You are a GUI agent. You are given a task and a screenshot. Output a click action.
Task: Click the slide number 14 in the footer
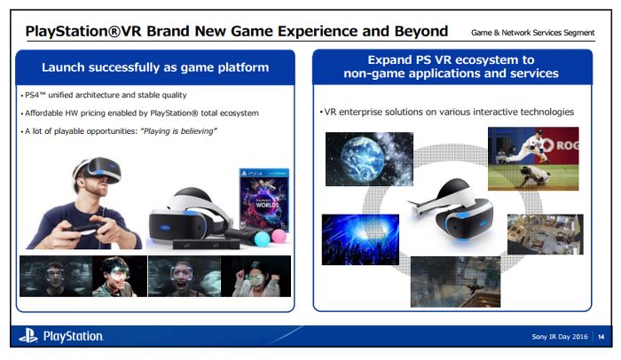pyautogui.click(x=601, y=337)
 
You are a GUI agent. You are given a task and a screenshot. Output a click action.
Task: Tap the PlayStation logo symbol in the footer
pyautogui.click(x=28, y=336)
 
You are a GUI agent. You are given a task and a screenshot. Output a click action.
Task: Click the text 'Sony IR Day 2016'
pyautogui.click(x=560, y=337)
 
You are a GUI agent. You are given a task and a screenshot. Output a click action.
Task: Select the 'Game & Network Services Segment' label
pyautogui.click(x=532, y=33)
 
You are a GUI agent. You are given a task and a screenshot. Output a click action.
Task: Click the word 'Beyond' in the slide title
pyautogui.click(x=421, y=31)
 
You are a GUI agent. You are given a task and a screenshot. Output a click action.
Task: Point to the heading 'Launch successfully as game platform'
pyautogui.click(x=155, y=67)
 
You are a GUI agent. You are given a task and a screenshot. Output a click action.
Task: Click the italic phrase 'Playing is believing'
pyautogui.click(x=178, y=131)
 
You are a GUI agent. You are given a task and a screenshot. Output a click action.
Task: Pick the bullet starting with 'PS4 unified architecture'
pyautogui.click(x=104, y=95)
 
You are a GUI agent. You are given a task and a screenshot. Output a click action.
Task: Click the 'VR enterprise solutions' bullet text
pyautogui.click(x=447, y=112)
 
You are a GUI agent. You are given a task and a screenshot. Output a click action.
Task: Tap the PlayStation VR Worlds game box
pyautogui.click(x=264, y=200)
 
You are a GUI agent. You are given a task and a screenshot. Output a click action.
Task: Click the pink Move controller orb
pyautogui.click(x=279, y=236)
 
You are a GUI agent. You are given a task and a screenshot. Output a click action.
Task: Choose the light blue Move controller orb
pyautogui.click(x=262, y=239)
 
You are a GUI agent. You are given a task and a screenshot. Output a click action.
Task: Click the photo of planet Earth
pyautogui.click(x=369, y=160)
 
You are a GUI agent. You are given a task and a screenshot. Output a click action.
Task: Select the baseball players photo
pyautogui.click(x=533, y=159)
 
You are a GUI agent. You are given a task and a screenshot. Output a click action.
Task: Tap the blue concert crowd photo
pyautogui.click(x=360, y=239)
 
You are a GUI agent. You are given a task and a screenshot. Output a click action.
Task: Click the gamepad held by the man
pyautogui.click(x=85, y=229)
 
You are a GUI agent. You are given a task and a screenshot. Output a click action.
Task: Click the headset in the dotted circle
pyautogui.click(x=453, y=210)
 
